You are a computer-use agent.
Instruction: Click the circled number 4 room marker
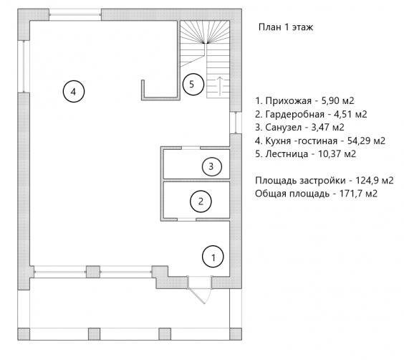tap(74, 92)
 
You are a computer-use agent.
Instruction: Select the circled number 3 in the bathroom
tap(212, 166)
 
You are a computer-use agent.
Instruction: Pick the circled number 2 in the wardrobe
tap(201, 202)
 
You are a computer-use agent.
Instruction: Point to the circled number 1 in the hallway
tap(213, 257)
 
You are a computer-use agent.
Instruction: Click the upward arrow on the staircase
tap(220, 86)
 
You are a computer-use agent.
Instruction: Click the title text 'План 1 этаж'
tap(286, 27)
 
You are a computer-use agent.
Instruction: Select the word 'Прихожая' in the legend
tap(289, 101)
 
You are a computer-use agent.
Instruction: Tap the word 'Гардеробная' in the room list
tap(294, 114)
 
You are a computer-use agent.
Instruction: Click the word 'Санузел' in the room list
tap(283, 127)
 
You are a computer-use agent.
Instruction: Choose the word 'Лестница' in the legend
tap(287, 154)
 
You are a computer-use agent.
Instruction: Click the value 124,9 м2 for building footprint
tap(375, 181)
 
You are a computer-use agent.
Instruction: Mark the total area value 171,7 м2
tap(358, 194)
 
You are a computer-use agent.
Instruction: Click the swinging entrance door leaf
tap(197, 296)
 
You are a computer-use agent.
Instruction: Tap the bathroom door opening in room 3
tap(191, 148)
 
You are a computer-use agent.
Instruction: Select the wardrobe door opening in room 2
tap(186, 219)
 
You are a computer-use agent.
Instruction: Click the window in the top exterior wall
tap(75, 14)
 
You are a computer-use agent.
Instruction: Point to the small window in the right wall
tap(236, 123)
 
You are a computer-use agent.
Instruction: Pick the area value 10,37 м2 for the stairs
tap(337, 154)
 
